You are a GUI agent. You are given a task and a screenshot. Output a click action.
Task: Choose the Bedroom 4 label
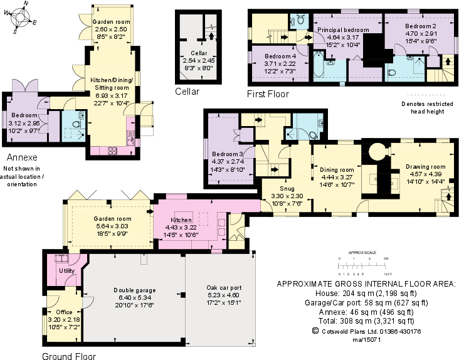(280, 56)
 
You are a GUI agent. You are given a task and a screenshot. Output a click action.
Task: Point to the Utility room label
(66, 270)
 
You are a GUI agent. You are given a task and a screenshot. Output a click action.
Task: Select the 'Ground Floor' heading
(69, 356)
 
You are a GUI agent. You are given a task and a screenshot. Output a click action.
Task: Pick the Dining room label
(338, 170)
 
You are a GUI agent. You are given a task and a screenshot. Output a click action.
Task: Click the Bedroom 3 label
(227, 154)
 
